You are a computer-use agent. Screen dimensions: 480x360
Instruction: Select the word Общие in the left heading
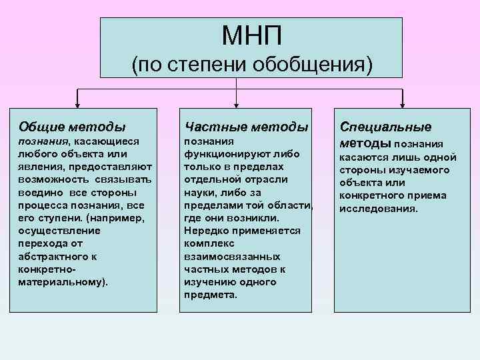[x=40, y=127]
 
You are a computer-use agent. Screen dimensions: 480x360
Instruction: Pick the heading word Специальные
[x=385, y=127]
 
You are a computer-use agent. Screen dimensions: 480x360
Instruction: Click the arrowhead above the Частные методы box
[x=237, y=104]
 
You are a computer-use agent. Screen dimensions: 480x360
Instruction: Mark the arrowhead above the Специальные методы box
[x=403, y=104]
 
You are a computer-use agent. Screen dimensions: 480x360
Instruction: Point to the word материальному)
[x=59, y=281]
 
